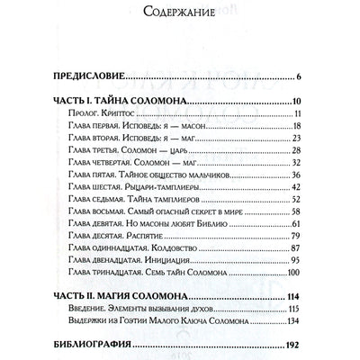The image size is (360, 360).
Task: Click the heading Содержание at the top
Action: point(179,13)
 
